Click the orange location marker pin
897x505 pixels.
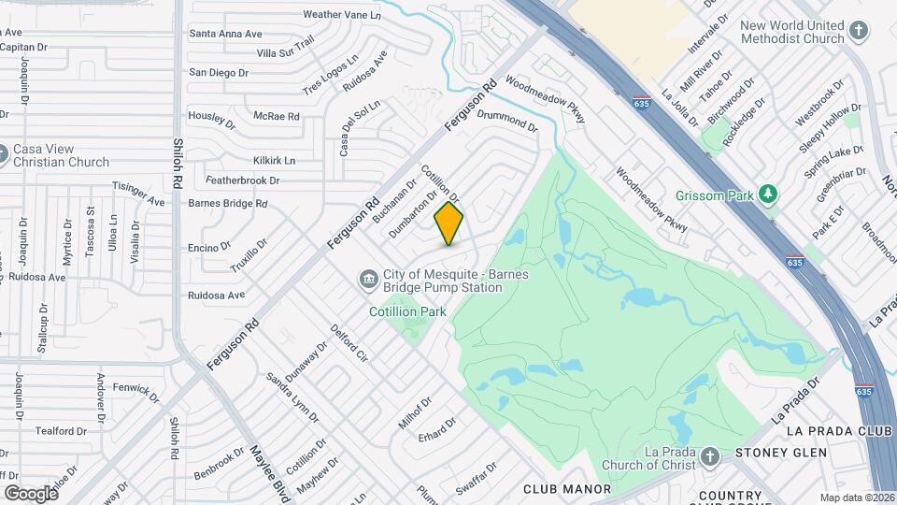[448, 224]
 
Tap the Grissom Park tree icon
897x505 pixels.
[768, 194]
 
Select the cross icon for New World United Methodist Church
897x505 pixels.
[858, 33]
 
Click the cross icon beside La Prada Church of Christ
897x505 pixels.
[709, 457]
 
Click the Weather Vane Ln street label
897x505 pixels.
[342, 15]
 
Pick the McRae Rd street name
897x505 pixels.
[277, 116]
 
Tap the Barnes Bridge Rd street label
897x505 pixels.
[228, 203]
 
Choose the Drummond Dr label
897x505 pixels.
[507, 120]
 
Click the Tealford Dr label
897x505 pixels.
[61, 431]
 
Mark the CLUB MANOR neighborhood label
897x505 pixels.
[566, 489]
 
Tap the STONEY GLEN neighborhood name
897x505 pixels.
[781, 454]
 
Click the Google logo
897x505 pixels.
[31, 493]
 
